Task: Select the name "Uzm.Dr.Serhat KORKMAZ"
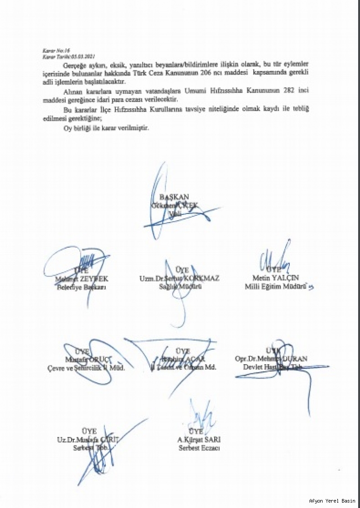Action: point(179,278)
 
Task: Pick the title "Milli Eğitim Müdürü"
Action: point(275,286)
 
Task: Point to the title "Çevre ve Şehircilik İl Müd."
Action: point(86,368)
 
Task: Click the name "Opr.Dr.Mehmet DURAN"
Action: point(271,359)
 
